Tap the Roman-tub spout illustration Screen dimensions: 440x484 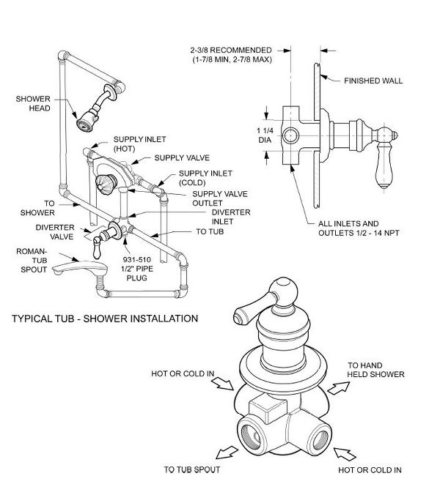pyautogui.click(x=80, y=267)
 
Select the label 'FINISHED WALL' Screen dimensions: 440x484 pyautogui.click(x=373, y=81)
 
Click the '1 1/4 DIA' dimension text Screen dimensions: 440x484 pyautogui.click(x=265, y=135)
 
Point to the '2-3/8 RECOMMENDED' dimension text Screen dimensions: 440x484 pyautogui.click(x=231, y=51)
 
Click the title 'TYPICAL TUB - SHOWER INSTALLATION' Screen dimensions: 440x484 pyautogui.click(x=105, y=319)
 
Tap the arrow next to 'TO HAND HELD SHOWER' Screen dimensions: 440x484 pyautogui.click(x=339, y=388)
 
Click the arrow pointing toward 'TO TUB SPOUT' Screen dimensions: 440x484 pyautogui.click(x=227, y=453)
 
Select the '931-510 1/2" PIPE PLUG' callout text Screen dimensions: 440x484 pyautogui.click(x=137, y=269)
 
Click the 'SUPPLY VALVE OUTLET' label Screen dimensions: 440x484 pyautogui.click(x=220, y=198)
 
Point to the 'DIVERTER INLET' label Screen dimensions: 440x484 pyautogui.click(x=231, y=217)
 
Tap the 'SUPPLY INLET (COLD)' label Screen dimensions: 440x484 pyautogui.click(x=205, y=178)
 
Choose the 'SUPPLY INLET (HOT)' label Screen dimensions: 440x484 pyautogui.click(x=140, y=144)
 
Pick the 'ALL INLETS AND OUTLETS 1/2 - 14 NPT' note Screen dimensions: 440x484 pyautogui.click(x=359, y=228)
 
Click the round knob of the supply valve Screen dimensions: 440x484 pyautogui.click(x=106, y=185)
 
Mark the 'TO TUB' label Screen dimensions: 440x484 pyautogui.click(x=210, y=231)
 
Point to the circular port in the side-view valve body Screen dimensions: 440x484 pyautogui.click(x=291, y=135)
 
